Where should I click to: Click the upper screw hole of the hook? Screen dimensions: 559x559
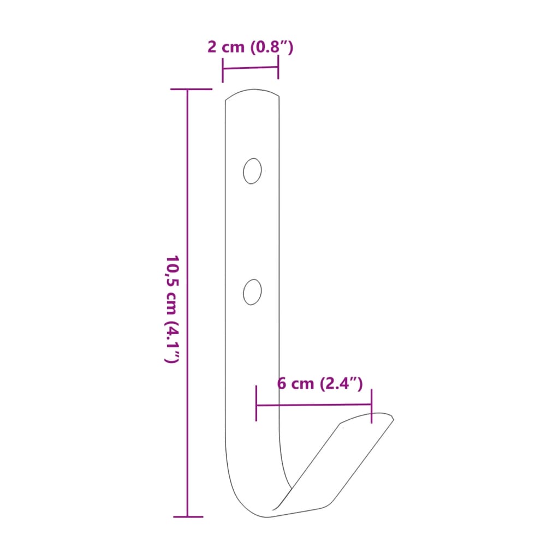(252, 171)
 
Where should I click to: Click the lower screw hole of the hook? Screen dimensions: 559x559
(252, 292)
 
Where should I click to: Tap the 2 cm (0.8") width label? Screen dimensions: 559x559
(251, 47)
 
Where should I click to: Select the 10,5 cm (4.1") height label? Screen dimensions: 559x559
(173, 308)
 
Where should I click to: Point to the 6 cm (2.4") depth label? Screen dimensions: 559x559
(320, 383)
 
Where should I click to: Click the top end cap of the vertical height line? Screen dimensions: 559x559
(191, 89)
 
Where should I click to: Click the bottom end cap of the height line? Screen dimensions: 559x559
(188, 516)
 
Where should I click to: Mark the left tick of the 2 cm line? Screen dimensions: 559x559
(223, 69)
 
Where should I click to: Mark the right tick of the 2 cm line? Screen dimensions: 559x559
(278, 67)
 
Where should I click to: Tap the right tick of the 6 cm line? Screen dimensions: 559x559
(371, 405)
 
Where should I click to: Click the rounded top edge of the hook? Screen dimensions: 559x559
(252, 92)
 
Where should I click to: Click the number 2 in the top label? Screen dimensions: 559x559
(212, 47)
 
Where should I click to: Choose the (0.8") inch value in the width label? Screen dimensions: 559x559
(272, 47)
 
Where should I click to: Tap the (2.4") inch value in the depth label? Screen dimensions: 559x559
(341, 383)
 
